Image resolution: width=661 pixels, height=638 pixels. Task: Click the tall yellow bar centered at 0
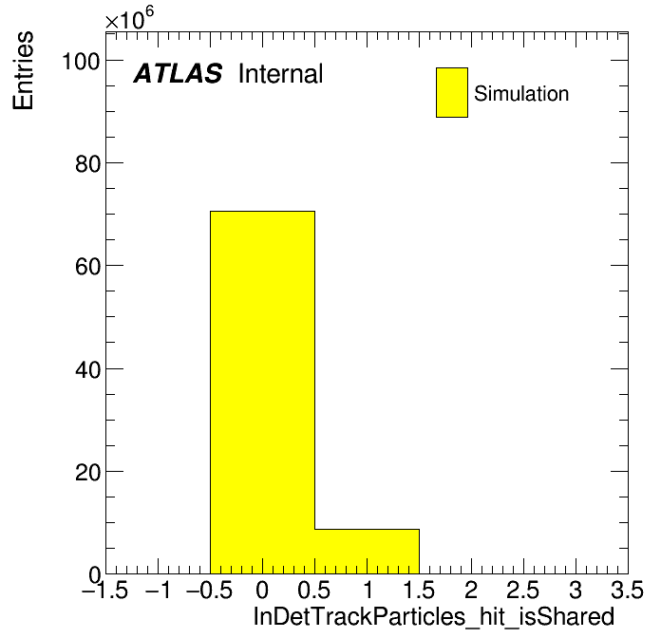point(263,392)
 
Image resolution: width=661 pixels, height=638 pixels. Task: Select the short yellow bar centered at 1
point(368,552)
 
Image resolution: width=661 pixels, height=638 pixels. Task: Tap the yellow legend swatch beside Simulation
point(452,92)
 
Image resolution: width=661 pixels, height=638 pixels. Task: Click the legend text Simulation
point(521,93)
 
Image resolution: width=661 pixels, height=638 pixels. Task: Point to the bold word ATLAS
point(178,73)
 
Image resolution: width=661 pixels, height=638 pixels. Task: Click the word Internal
point(281,73)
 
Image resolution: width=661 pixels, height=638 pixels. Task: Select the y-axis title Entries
point(23,70)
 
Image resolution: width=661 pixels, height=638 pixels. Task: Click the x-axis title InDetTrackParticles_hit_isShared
point(434,617)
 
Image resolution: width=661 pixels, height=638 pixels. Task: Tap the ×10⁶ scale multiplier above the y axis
point(129,18)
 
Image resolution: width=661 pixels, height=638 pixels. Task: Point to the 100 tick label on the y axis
point(81,61)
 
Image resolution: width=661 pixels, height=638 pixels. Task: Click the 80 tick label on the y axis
point(88,163)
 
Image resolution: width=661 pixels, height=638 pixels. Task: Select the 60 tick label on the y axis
point(88,267)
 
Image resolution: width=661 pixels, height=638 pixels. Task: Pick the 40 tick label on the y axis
point(88,369)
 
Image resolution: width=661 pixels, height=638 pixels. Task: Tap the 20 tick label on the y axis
point(88,472)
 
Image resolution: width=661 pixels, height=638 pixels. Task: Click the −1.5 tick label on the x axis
point(105,590)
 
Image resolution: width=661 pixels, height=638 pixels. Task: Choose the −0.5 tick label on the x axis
point(210,590)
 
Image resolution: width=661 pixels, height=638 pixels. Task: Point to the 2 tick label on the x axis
point(471,590)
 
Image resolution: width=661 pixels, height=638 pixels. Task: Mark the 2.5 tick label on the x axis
point(522,590)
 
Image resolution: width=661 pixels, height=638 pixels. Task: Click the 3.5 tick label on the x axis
point(627,590)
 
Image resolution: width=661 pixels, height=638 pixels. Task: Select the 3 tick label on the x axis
point(576,590)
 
